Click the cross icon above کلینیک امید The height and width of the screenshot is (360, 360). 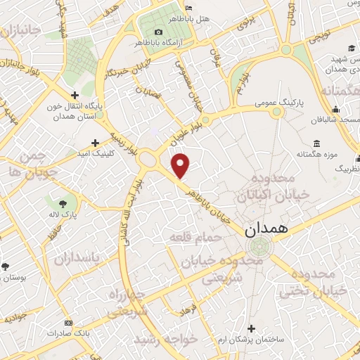point(95,143)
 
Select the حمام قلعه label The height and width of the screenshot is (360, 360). point(195,238)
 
